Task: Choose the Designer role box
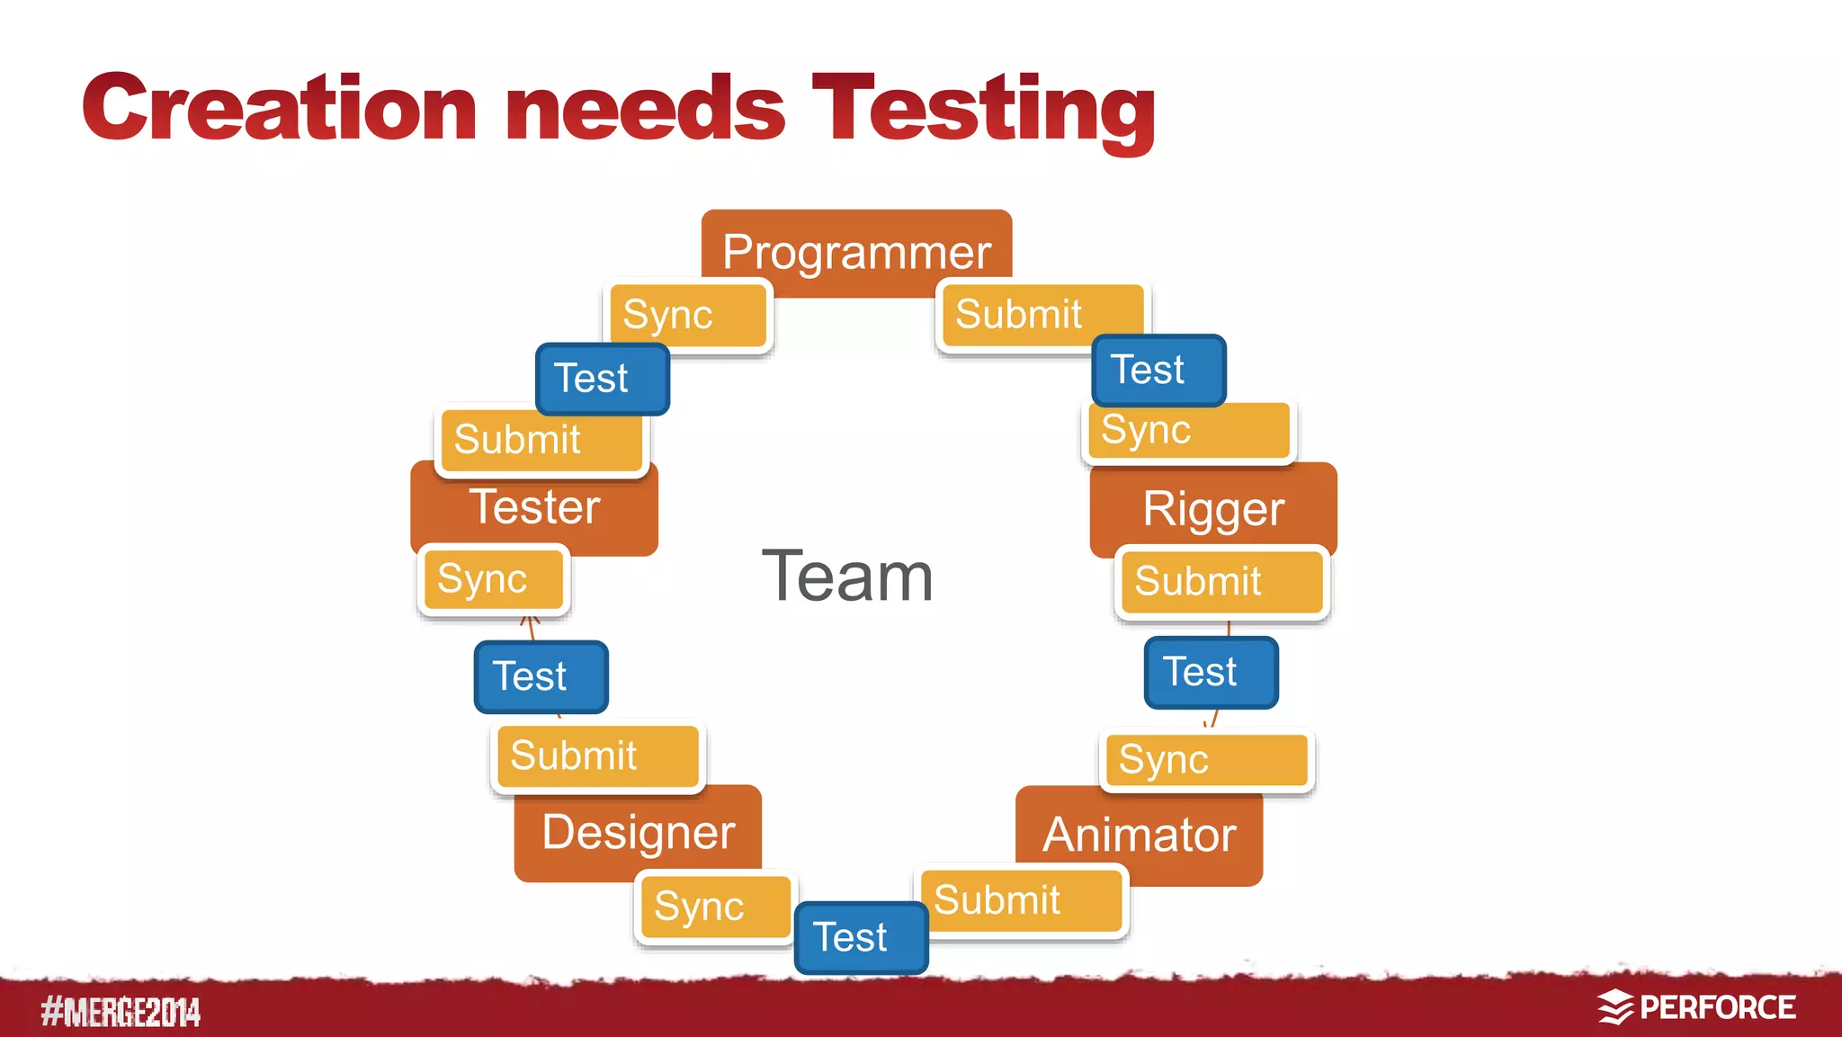click(x=638, y=832)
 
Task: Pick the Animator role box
click(x=1139, y=836)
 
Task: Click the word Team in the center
click(x=847, y=577)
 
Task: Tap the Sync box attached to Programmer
click(x=688, y=315)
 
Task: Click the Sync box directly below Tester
click(x=494, y=579)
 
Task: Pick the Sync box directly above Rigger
click(x=1187, y=431)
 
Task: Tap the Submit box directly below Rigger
click(x=1221, y=582)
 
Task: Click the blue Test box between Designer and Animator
click(x=861, y=938)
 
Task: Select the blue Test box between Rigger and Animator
click(x=1211, y=673)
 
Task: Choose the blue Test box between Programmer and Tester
click(x=602, y=379)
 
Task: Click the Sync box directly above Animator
click(x=1206, y=760)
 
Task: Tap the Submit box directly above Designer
click(x=597, y=756)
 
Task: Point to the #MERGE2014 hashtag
click(x=121, y=1012)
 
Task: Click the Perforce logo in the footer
click(x=1696, y=1007)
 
